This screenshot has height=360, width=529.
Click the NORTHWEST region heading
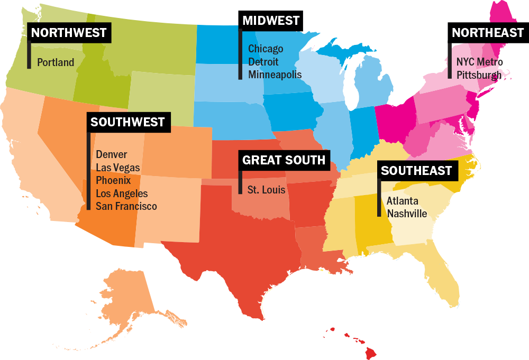[x=69, y=33]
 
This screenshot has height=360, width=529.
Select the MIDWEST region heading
[x=271, y=21]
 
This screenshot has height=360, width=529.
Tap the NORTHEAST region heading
[x=487, y=33]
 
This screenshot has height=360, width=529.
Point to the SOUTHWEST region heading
[x=127, y=122]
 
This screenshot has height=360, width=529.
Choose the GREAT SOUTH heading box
[x=284, y=160]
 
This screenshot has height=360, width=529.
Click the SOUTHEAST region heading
[x=416, y=170]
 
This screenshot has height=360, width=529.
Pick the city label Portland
[x=56, y=62]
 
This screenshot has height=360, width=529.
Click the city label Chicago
[x=266, y=49]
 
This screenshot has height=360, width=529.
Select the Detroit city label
[x=263, y=61]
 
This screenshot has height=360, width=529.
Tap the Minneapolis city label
[x=275, y=75]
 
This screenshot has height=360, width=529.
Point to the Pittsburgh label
[x=478, y=75]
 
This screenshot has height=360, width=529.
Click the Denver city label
[x=112, y=154]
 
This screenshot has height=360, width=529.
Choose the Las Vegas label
[x=118, y=168]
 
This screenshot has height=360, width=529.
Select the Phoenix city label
[x=113, y=180]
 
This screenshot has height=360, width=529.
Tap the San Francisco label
[x=126, y=206]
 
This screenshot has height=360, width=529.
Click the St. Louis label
[x=267, y=189]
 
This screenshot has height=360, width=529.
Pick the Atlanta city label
[x=402, y=201]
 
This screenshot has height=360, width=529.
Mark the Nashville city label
[x=407, y=214]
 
